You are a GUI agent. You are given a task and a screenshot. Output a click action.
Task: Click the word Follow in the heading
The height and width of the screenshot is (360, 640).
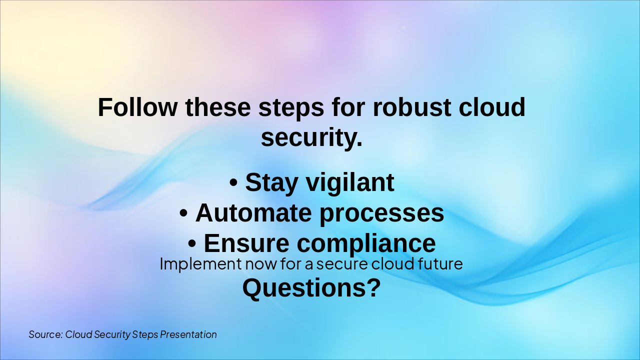pyautogui.click(x=137, y=107)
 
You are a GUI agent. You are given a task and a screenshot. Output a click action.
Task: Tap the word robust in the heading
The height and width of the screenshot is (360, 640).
pyautogui.click(x=412, y=107)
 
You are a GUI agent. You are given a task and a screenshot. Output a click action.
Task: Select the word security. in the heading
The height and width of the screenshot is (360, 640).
pyautogui.click(x=311, y=137)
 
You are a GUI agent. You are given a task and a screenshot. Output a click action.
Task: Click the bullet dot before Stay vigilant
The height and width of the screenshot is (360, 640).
pyautogui.click(x=233, y=182)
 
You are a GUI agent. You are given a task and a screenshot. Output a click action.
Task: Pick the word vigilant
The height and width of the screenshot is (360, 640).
pyautogui.click(x=350, y=182)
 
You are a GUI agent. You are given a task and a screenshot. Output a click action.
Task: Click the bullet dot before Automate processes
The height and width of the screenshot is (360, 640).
pyautogui.click(x=183, y=213)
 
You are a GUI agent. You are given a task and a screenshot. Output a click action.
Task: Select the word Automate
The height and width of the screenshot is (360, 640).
pyautogui.click(x=253, y=213)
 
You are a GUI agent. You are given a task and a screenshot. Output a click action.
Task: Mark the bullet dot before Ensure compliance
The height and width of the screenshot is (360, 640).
pyautogui.click(x=192, y=243)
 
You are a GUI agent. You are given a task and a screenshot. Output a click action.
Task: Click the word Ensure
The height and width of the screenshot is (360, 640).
pyautogui.click(x=246, y=243)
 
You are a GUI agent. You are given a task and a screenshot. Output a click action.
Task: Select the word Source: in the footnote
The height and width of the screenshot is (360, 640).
pyautogui.click(x=45, y=334)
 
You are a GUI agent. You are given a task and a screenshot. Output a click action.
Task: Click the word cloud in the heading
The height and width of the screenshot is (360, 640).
pyautogui.click(x=492, y=107)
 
